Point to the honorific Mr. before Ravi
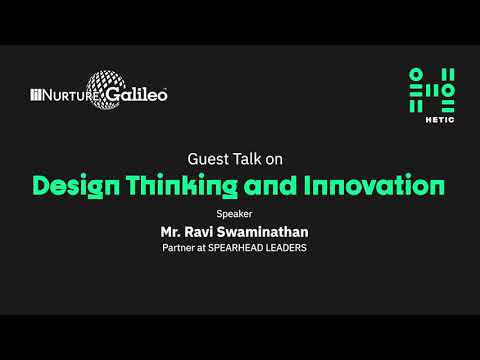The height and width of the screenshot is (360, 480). pyautogui.click(x=173, y=232)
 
